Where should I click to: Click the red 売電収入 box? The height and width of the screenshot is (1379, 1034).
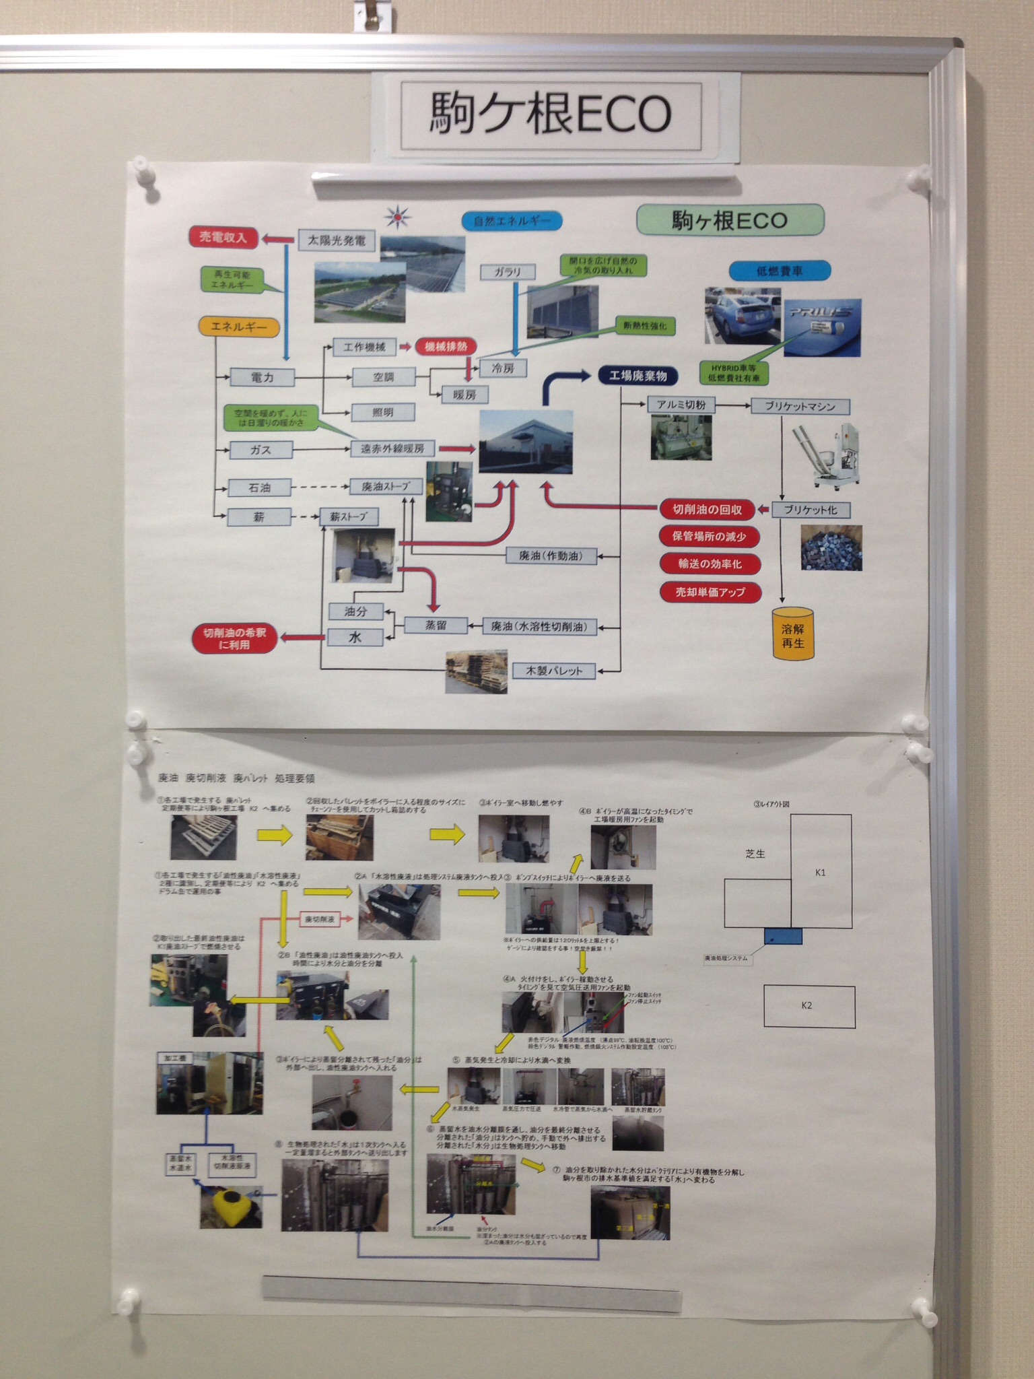(x=223, y=238)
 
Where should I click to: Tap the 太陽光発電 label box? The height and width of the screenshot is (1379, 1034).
(x=337, y=240)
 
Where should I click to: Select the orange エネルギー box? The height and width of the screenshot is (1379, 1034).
(x=239, y=327)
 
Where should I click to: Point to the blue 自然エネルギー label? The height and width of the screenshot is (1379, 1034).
(x=512, y=221)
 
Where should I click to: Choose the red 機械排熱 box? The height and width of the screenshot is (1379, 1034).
(x=446, y=347)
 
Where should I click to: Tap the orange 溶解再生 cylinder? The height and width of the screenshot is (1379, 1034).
(x=792, y=634)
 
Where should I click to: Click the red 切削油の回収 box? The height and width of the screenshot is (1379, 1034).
(x=708, y=510)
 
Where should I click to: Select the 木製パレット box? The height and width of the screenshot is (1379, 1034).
(x=553, y=671)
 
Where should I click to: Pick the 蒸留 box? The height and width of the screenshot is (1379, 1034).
(x=436, y=626)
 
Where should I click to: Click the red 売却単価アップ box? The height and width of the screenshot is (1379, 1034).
(x=710, y=592)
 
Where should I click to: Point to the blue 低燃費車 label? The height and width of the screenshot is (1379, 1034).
(x=780, y=271)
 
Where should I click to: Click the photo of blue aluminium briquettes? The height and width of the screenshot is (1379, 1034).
(x=831, y=547)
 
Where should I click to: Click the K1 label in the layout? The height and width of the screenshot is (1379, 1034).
(x=820, y=873)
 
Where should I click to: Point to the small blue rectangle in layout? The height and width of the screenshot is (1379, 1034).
(x=783, y=936)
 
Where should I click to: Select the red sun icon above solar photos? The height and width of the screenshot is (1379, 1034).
(x=398, y=217)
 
